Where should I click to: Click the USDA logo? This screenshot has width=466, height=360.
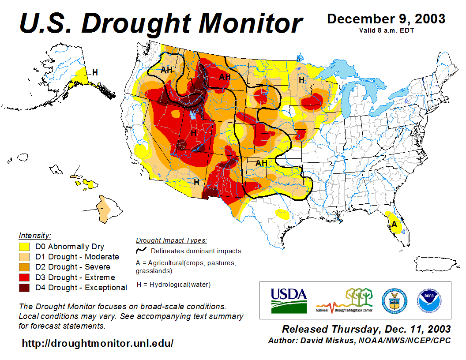pos(289,300)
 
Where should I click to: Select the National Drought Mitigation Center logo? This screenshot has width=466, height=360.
pos(345,300)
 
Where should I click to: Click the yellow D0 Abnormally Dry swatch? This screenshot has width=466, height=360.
pos(24,247)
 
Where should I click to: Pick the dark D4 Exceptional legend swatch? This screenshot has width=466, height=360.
pos(24,288)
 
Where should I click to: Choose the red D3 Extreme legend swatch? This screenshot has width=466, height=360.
pos(24,277)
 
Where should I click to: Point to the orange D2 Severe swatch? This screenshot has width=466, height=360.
pos(24,267)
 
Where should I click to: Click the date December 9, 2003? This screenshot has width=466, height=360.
pos(386,19)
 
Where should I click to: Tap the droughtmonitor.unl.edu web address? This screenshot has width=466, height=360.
pos(98,343)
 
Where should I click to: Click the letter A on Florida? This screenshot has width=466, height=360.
pos(395,224)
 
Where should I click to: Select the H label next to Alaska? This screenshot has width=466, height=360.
pos(95,72)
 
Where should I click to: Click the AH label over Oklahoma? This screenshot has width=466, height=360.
pos(261,163)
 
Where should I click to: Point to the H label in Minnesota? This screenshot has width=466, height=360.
pos(301,80)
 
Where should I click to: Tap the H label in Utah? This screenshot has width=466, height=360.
pos(193,132)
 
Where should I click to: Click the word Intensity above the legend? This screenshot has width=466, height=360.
pos(35,236)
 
